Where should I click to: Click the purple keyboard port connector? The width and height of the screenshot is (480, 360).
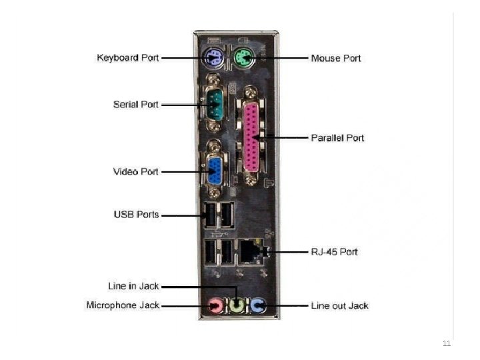(213, 57)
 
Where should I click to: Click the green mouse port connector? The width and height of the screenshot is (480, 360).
(243, 58)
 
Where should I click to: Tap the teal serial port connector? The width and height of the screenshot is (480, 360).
(213, 104)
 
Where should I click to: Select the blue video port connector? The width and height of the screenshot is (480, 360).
(215, 170)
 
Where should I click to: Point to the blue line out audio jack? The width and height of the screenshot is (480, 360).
(259, 306)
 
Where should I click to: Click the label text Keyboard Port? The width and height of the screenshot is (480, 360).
(128, 58)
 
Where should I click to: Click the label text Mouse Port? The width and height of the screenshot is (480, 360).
(336, 59)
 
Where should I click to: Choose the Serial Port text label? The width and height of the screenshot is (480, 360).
(135, 105)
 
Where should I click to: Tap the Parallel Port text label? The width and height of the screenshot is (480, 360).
(337, 138)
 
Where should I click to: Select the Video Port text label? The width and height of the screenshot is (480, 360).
(136, 171)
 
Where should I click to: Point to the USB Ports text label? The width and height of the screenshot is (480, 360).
(136, 215)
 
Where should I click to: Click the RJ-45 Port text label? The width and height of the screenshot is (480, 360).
(334, 252)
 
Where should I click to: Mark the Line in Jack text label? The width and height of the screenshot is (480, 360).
(133, 286)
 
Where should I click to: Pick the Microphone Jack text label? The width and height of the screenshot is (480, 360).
(123, 305)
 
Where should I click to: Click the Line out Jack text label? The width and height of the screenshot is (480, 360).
(339, 306)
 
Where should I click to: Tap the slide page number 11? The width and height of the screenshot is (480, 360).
(447, 344)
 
